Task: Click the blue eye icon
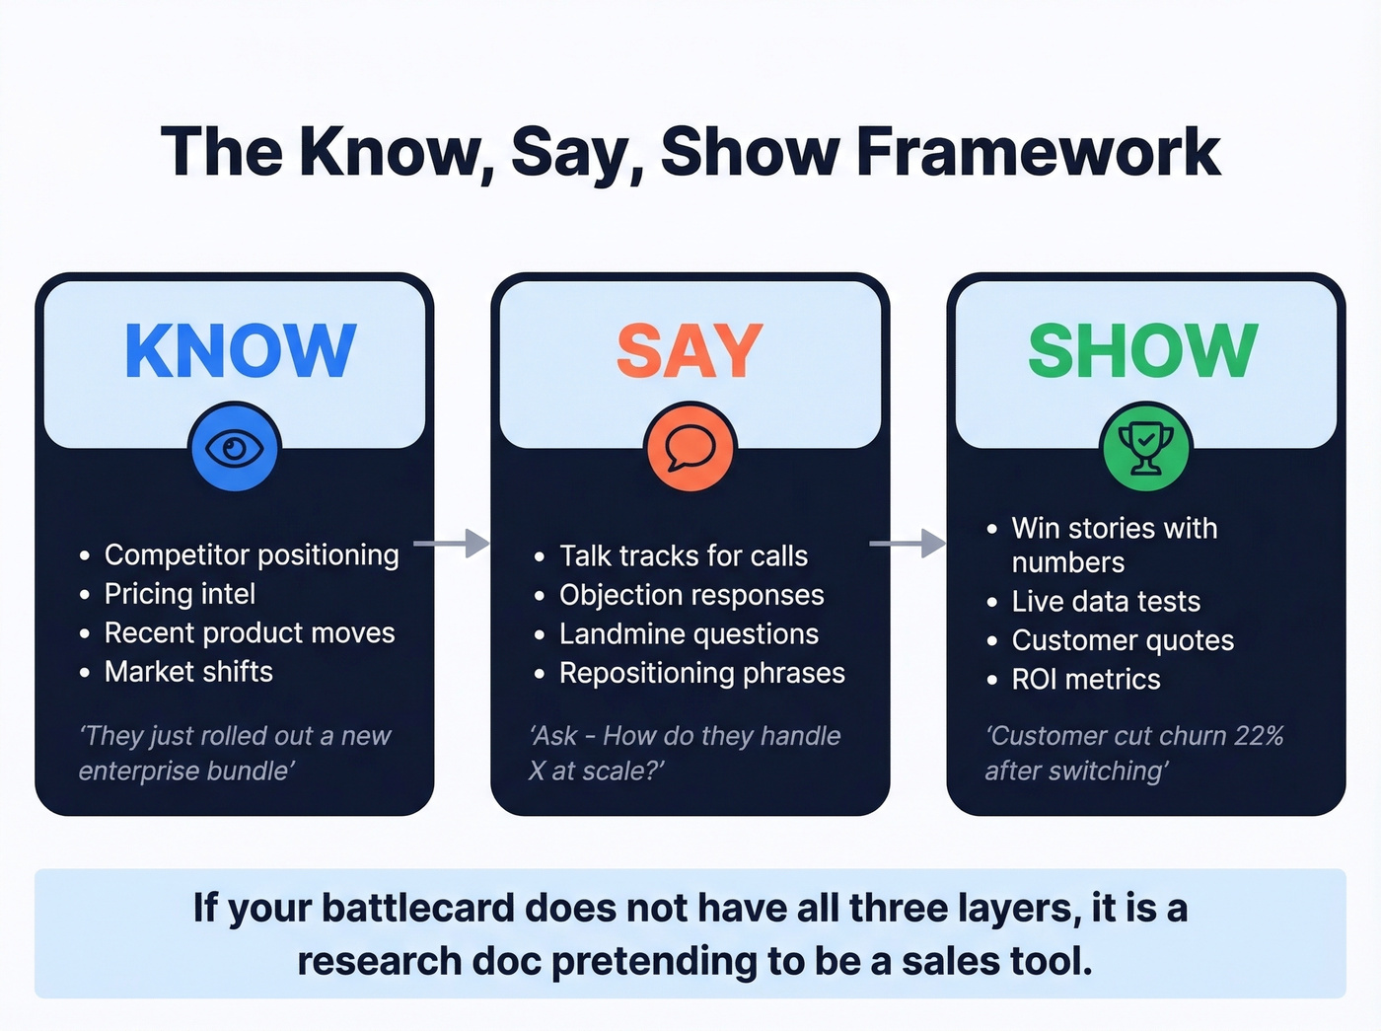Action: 235,449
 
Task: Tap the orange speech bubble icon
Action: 690,449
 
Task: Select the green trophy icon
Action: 1145,449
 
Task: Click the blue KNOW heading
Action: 240,350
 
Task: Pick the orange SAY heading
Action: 690,350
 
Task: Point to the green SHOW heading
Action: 1143,350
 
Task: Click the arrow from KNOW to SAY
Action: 452,544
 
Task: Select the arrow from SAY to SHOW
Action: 908,544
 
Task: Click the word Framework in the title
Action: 1038,152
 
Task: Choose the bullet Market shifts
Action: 188,672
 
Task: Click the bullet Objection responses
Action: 691,595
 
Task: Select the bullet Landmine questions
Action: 689,634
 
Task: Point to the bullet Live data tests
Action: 1106,602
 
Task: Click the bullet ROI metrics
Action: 1086,680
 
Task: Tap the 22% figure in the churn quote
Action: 1259,736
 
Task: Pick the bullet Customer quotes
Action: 1123,641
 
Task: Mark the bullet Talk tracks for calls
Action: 684,556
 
